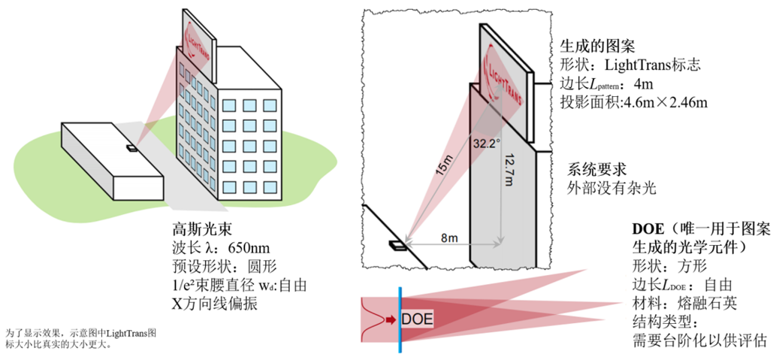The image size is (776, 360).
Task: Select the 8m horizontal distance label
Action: click(449, 238)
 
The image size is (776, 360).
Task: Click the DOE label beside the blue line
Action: click(417, 319)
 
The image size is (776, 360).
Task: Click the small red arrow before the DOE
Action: click(391, 319)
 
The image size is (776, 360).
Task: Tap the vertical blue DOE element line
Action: click(400, 319)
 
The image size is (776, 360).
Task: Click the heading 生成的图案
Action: click(592, 46)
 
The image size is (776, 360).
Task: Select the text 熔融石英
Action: click(705, 303)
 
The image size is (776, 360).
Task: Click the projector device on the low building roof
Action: click(132, 148)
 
